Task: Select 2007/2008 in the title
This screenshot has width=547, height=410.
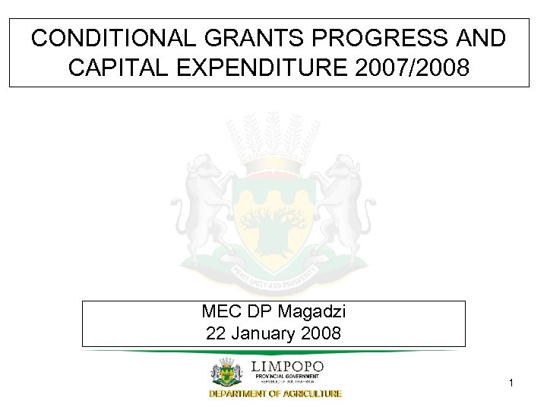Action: click(413, 68)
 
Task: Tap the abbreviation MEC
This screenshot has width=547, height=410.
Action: click(219, 312)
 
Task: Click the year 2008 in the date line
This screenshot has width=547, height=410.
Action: click(322, 333)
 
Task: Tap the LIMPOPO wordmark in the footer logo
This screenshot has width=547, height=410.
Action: click(287, 367)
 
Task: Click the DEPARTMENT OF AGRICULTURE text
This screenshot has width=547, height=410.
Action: click(276, 393)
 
